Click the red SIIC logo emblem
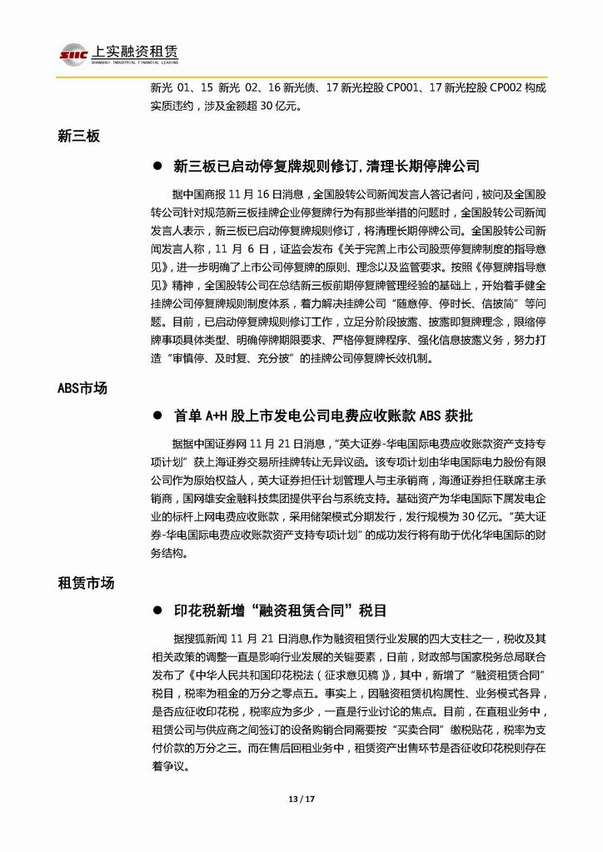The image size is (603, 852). pos(67,53)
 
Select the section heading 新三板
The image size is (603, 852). pos(79,136)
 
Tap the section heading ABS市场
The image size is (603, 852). pos(82,388)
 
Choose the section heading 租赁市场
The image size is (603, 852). pos(86,583)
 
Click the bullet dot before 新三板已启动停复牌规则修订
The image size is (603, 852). pos(156,167)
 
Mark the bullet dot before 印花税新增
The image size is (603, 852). pos(156,610)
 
